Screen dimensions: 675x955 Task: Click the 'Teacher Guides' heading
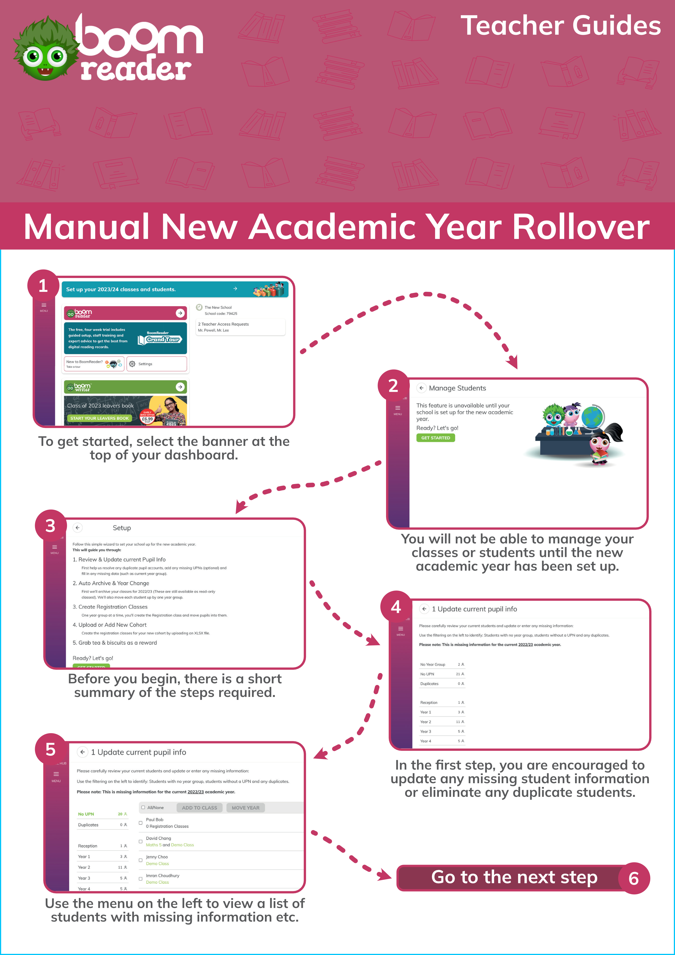coord(560,26)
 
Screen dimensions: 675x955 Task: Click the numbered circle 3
coord(50,526)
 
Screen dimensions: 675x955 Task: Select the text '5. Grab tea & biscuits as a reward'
coord(115,643)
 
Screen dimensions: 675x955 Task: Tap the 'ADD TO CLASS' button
coord(199,808)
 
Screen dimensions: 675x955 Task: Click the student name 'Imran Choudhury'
coord(162,876)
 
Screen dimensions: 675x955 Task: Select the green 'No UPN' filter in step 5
coord(102,814)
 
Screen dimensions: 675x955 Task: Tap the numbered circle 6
coord(633,878)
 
